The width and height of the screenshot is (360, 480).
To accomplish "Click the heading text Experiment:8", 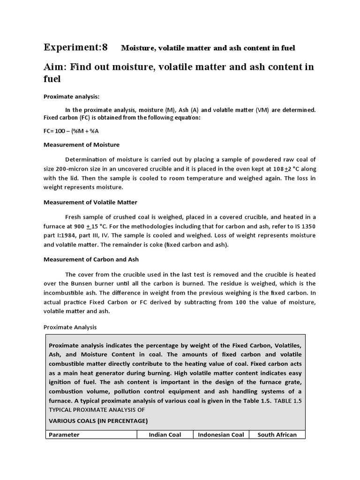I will (x=75, y=47).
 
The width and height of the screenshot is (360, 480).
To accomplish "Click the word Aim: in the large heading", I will (x=57, y=67).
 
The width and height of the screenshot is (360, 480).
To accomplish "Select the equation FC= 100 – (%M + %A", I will (x=75, y=131).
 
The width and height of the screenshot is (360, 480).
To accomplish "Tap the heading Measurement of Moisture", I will (x=81, y=145).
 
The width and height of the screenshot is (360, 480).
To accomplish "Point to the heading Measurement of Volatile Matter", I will (x=90, y=202).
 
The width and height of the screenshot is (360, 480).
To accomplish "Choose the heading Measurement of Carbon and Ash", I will (x=91, y=260).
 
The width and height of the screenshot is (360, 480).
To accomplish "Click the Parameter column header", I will (x=64, y=435).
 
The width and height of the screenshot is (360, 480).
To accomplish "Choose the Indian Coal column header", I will (x=165, y=435).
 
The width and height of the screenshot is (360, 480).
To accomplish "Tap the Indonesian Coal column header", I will (x=221, y=435).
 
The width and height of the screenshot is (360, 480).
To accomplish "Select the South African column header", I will (x=277, y=435).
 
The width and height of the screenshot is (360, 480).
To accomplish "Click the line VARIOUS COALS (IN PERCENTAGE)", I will (x=98, y=420).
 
